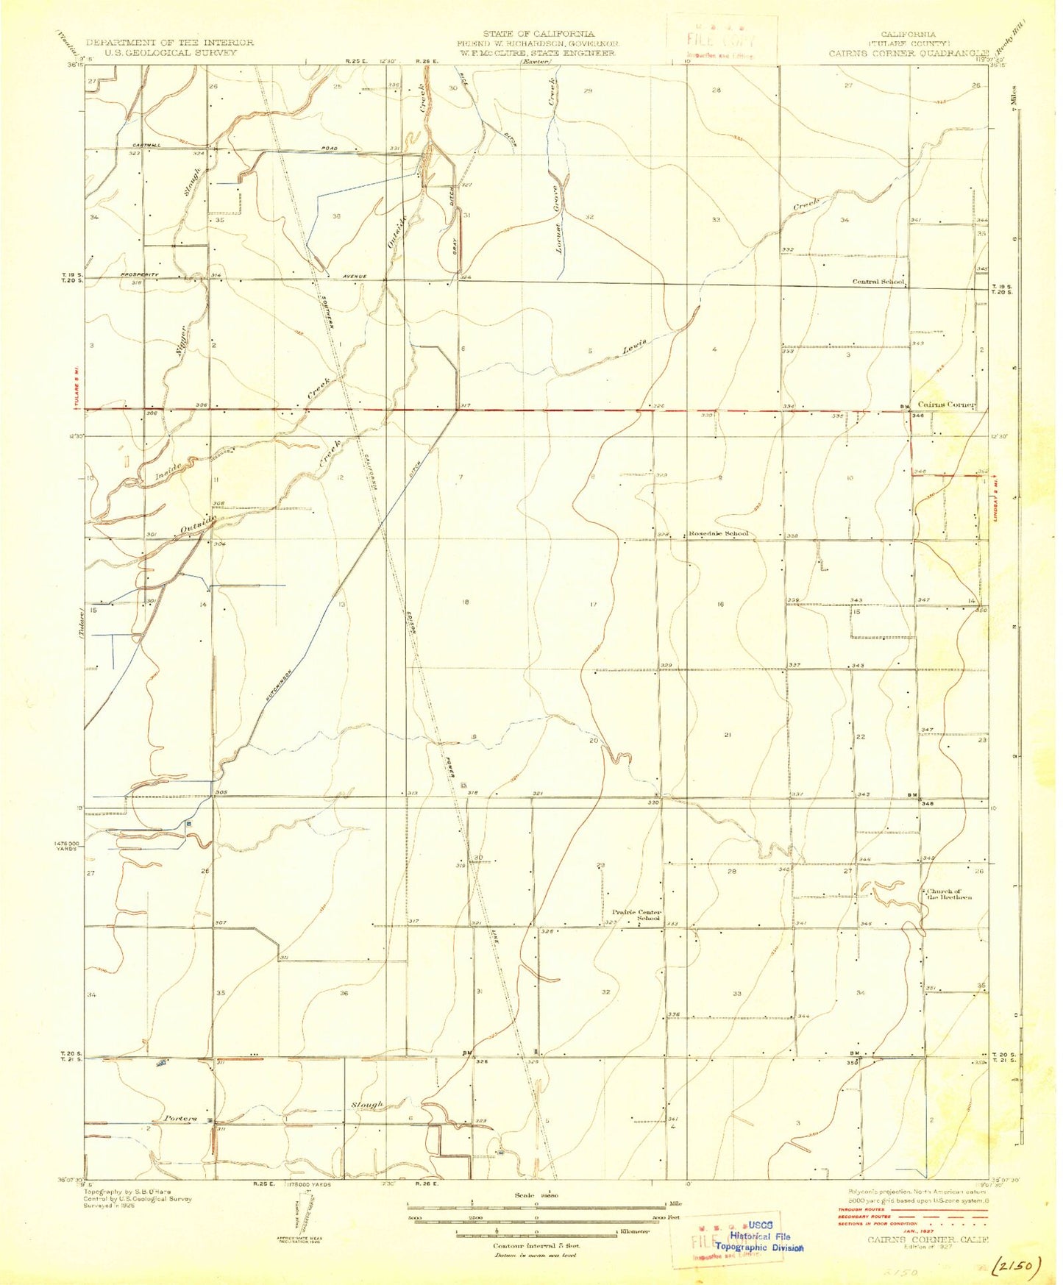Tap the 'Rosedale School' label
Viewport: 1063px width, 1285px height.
pos(718,533)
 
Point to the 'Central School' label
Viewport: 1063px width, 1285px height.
pos(878,282)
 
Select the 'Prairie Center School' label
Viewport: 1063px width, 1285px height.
pos(637,915)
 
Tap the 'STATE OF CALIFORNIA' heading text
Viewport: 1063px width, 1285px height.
pos(538,34)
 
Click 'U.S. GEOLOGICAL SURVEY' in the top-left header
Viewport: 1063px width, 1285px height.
pos(169,52)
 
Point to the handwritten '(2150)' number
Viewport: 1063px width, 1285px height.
pos(1015,1266)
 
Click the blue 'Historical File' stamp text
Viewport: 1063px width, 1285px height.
pos(760,1236)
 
